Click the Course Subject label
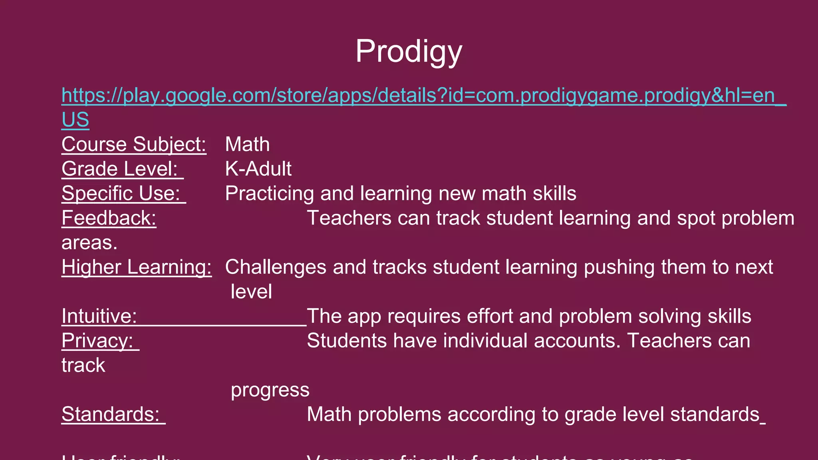click(134, 145)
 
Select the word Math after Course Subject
click(247, 145)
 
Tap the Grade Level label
click(119, 169)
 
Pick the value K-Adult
click(258, 169)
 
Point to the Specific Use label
click(121, 194)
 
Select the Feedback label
click(109, 218)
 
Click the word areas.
click(89, 243)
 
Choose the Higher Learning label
click(136, 267)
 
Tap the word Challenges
click(276, 267)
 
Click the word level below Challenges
click(251, 292)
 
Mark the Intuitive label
click(99, 316)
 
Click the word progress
click(270, 390)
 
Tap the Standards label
click(110, 414)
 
